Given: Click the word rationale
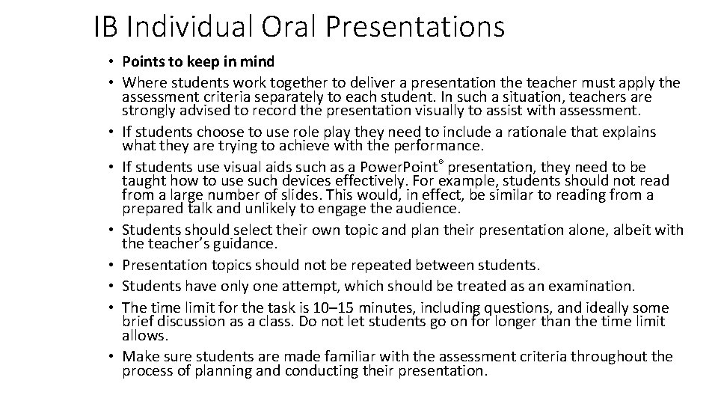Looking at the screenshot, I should point(533,132).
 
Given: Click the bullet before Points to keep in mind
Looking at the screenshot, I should point(109,61).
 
